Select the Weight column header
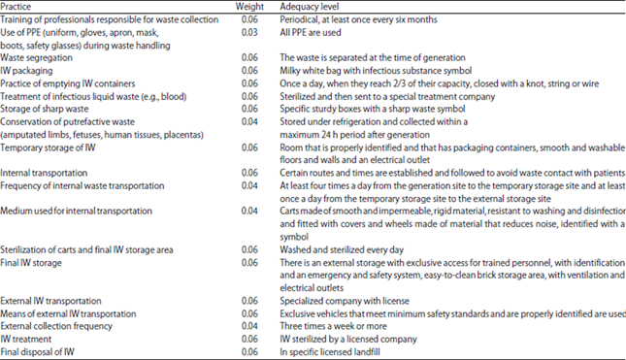249,6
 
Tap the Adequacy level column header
313,6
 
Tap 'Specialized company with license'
347,300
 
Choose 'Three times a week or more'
339,325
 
